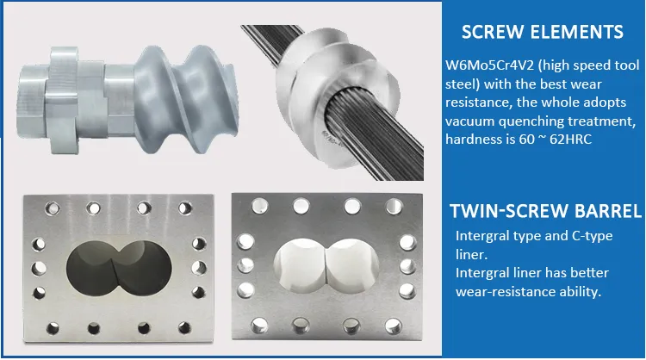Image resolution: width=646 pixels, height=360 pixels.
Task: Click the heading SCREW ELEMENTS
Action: coord(542,32)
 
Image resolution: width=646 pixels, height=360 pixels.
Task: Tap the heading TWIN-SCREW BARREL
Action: coord(546,211)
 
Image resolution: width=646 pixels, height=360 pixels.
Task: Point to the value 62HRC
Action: coord(570,140)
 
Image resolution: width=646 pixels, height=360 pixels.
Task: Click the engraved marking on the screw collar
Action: coord(331,139)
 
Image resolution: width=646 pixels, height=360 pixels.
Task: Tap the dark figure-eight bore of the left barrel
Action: coord(119,268)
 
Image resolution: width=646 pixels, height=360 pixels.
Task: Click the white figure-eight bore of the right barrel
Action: coord(326,266)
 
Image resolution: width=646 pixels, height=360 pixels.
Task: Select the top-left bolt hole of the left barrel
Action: coord(53,208)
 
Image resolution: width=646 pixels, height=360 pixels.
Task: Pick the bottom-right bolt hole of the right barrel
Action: coord(394,326)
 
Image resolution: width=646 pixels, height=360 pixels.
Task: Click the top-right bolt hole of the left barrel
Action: coord(185,208)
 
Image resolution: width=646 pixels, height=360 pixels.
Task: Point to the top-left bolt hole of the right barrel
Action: coord(260,206)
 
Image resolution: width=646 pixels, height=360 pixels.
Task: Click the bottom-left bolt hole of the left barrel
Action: coord(53,328)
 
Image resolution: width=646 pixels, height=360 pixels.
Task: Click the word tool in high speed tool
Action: coord(626,65)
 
